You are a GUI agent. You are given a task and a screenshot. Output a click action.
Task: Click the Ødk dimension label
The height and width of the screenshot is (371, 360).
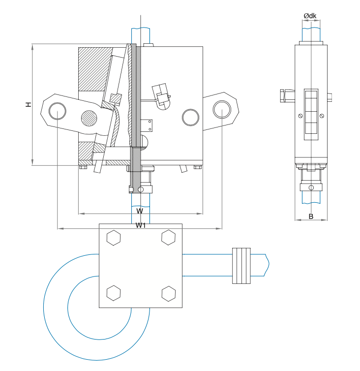click(310, 16)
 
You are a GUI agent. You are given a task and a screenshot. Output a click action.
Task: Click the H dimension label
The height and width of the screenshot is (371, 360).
click(29, 104)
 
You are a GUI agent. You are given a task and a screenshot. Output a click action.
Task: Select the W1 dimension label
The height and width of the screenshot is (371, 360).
click(141, 225)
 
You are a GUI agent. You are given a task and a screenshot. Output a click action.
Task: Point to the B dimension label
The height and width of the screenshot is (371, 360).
click(311, 216)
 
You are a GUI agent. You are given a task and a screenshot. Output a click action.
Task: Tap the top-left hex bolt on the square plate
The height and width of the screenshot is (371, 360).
click(114, 238)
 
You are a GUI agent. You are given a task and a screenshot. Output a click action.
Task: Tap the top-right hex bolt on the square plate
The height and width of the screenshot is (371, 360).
click(168, 237)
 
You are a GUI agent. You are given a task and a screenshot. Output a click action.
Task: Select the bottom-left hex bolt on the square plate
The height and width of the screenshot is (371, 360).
click(114, 293)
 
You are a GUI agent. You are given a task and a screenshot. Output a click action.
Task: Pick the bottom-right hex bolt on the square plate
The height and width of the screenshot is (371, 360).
click(168, 294)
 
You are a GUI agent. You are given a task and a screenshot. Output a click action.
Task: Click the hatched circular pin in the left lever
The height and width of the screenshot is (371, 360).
click(89, 118)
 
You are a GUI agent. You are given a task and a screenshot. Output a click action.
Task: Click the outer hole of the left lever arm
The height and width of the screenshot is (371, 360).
click(58, 111)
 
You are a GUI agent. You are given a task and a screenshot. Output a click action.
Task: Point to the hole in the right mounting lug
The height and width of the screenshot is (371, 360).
click(222, 109)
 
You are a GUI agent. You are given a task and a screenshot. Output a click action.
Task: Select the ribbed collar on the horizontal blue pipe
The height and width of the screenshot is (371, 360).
click(241, 266)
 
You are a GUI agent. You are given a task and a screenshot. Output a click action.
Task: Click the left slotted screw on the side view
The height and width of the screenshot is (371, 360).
click(300, 116)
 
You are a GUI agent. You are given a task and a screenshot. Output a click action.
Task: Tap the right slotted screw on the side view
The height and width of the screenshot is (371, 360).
click(322, 116)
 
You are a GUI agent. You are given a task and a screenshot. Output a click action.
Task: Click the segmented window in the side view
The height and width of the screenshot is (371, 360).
click(311, 115)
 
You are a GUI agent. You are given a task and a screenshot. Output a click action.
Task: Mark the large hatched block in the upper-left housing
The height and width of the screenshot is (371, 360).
click(94, 69)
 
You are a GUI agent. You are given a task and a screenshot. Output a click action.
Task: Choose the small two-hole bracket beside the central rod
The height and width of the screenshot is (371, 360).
click(147, 125)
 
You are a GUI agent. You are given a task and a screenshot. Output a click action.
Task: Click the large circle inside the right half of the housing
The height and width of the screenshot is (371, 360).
click(191, 118)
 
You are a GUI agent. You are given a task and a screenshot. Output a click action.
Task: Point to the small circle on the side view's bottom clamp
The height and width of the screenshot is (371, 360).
click(311, 187)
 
